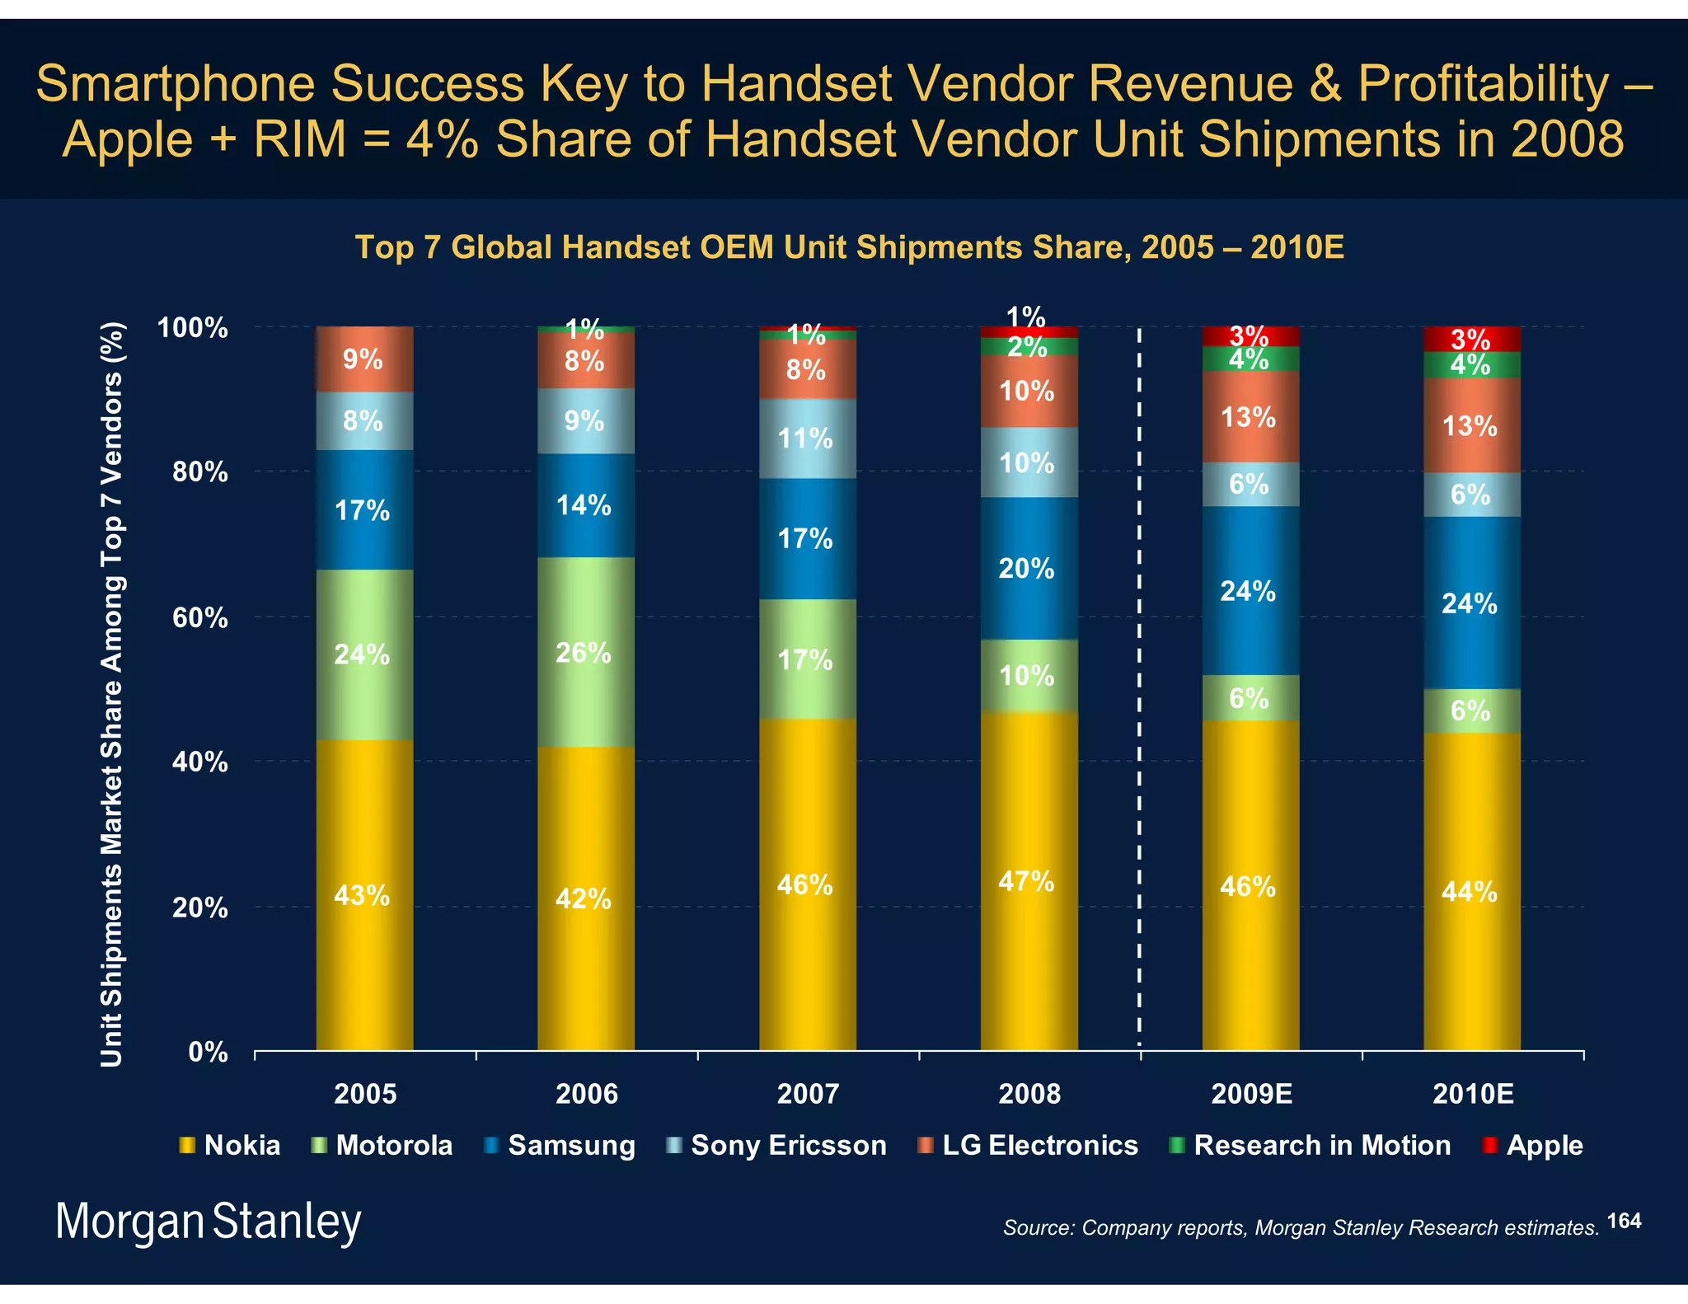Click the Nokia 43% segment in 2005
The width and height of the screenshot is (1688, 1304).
[x=364, y=894]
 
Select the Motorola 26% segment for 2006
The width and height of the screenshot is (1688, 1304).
[x=585, y=653]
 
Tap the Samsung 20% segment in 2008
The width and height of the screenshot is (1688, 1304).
[x=1029, y=568]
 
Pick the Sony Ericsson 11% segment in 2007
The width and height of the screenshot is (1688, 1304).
[x=807, y=439]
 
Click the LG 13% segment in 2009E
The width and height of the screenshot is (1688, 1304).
[x=1250, y=417]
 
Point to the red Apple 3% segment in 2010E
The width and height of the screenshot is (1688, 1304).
[x=1471, y=338]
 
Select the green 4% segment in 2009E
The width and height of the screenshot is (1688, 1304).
[x=1250, y=359]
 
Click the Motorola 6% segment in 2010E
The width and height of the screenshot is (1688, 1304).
[x=1471, y=711]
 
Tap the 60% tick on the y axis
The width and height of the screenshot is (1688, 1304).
[x=200, y=617]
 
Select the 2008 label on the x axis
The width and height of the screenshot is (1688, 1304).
[x=1029, y=1094]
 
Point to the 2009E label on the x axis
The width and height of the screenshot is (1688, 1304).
[x=1251, y=1094]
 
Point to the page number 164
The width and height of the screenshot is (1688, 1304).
[x=1624, y=1221]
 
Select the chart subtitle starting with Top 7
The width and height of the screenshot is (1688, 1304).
[x=849, y=247]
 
